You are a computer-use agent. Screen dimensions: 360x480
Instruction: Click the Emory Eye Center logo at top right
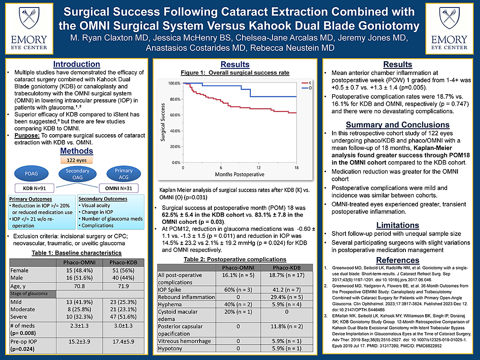click(x=449, y=29)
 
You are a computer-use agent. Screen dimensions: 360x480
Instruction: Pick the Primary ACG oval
click(x=123, y=173)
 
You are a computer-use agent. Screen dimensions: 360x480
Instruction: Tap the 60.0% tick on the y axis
click(x=174, y=115)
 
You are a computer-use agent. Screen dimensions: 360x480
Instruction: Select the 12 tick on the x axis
click(x=259, y=167)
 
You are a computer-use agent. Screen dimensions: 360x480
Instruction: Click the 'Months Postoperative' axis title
click(x=240, y=174)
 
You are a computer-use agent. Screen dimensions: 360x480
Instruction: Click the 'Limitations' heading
click(x=397, y=225)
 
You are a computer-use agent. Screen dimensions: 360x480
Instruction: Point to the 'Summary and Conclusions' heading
click(x=397, y=125)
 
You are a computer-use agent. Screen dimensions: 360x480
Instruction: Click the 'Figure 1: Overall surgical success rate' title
click(x=235, y=73)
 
